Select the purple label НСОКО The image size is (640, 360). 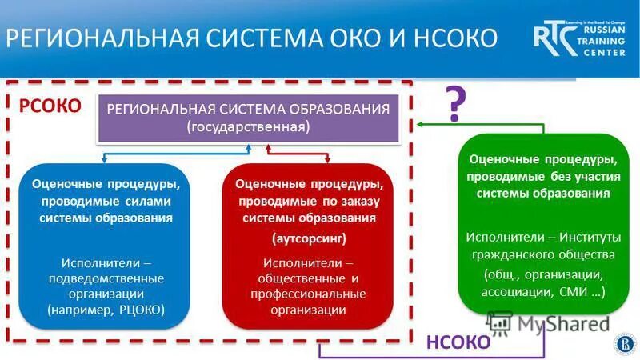458,342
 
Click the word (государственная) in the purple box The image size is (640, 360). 248,126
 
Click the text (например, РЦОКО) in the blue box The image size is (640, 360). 106,309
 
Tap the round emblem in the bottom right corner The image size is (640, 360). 622,343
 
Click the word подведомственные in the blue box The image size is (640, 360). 106,278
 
